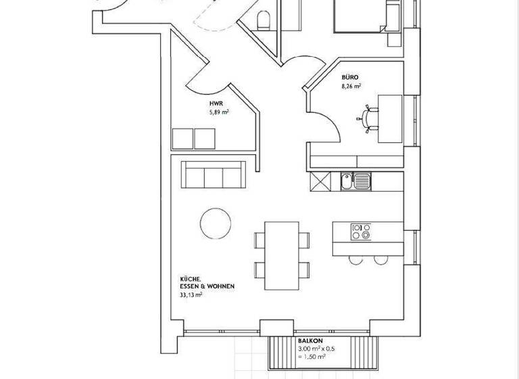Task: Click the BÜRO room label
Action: point(350,78)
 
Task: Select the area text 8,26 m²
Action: point(352,87)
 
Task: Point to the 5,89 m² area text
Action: point(219,113)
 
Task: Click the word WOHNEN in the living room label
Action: point(221,286)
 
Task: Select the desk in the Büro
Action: point(390,118)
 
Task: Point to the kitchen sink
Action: point(355,181)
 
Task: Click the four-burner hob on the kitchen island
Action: point(360,231)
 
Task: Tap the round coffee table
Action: point(216,222)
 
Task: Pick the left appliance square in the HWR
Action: point(182,138)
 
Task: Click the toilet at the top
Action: point(264,19)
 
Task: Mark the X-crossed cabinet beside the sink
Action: point(319,181)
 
